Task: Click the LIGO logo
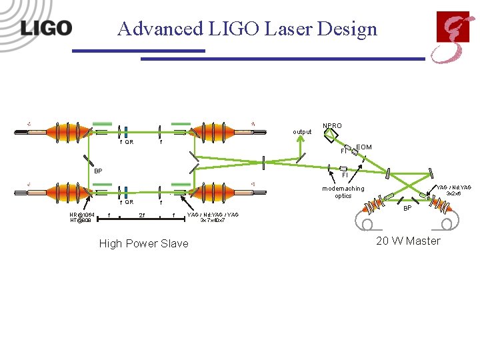point(46,29)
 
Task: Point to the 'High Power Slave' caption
point(143,244)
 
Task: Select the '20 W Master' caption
point(408,241)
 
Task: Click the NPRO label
point(332,125)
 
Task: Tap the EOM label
point(364,147)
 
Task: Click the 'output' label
point(302,132)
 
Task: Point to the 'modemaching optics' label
point(343,192)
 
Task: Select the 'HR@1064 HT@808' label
point(82,217)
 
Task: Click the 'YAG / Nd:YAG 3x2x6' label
point(453,191)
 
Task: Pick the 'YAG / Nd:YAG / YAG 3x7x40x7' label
point(213,217)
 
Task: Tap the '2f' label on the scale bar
point(142,215)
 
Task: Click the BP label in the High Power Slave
point(98,171)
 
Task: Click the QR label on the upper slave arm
point(129,142)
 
